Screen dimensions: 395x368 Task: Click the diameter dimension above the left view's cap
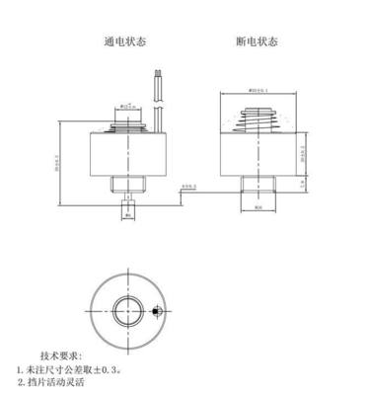128,106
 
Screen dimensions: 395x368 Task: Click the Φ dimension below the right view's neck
259,208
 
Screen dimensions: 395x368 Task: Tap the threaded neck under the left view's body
127,185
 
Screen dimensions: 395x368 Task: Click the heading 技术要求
61,355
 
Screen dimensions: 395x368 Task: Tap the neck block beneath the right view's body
259,184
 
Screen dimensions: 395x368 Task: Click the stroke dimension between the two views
187,187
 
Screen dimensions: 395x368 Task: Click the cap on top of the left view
128,121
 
